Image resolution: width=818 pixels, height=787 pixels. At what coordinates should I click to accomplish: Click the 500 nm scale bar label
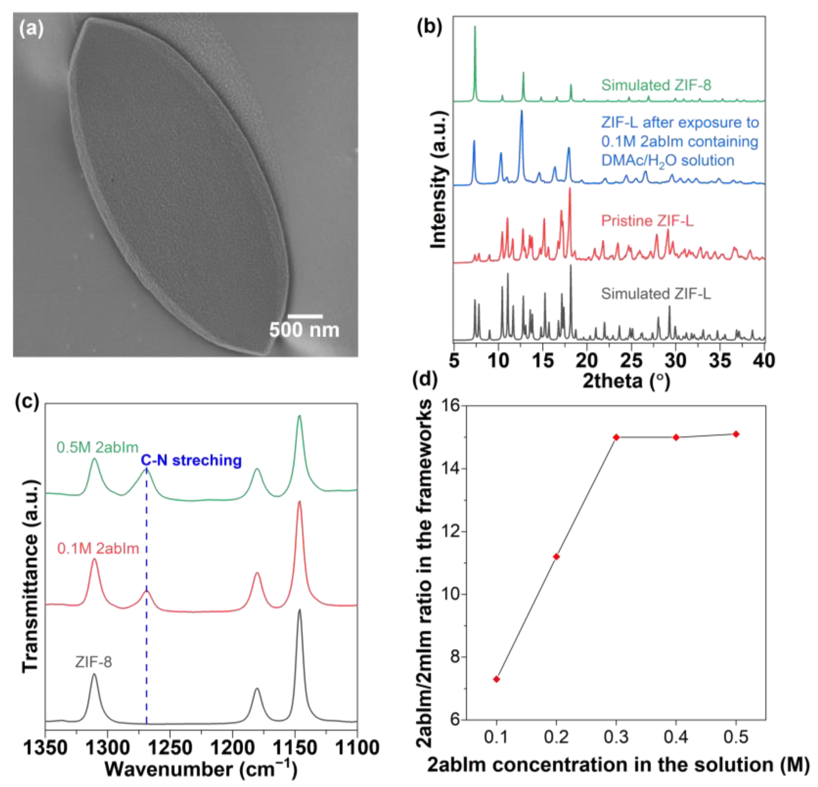[304, 330]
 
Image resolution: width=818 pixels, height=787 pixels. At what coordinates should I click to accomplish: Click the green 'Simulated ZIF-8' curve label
[656, 85]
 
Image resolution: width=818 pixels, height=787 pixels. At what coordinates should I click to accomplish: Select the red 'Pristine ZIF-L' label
[647, 221]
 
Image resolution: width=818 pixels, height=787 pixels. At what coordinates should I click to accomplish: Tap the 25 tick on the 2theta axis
[631, 360]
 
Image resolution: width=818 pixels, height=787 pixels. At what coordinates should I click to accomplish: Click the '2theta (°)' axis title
[626, 380]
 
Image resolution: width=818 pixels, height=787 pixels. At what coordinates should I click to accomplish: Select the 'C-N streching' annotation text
[191, 460]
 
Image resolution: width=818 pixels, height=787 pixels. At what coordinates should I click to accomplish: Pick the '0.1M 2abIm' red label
[98, 549]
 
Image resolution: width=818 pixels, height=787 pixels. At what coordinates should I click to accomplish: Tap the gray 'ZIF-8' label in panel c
[94, 662]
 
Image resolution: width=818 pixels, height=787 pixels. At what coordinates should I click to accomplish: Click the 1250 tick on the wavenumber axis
[170, 748]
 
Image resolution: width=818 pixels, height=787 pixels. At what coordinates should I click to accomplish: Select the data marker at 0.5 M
[736, 434]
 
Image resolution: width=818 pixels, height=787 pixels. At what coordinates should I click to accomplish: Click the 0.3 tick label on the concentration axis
[616, 738]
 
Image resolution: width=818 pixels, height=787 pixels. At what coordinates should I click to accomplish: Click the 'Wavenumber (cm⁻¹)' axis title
[201, 769]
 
